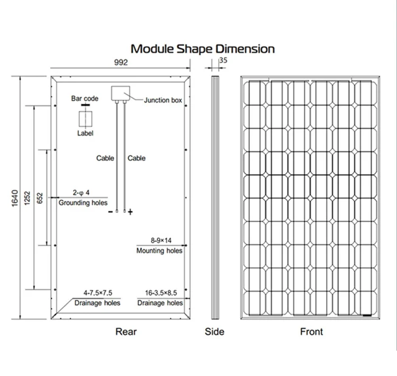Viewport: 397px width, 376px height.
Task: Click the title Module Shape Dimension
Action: [203, 49]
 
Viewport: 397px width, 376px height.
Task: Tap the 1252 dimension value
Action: [28, 198]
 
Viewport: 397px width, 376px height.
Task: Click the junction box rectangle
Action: [121, 94]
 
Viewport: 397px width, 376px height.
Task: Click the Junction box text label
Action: [163, 100]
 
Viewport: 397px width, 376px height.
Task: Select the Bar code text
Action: [85, 99]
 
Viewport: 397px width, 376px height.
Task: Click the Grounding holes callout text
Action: [83, 203]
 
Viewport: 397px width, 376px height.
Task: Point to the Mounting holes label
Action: [159, 250]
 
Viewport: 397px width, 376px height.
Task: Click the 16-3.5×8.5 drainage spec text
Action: [160, 292]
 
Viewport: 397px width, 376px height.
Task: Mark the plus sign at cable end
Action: [131, 212]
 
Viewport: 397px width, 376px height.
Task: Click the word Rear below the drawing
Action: [125, 332]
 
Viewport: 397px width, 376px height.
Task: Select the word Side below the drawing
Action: [214, 332]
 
